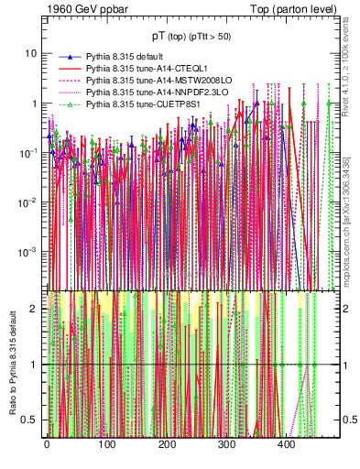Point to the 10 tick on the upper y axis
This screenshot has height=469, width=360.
(x=31, y=53)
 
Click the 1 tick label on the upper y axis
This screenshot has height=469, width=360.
(x=35, y=103)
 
